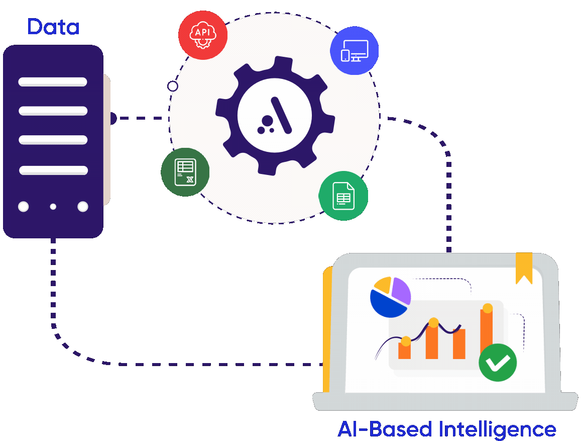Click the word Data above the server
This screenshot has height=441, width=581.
[53, 27]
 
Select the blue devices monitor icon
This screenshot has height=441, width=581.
[354, 51]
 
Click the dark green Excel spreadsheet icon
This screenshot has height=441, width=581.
[185, 172]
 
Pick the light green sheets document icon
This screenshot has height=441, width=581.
[343, 196]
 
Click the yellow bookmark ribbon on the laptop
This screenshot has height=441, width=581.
[524, 266]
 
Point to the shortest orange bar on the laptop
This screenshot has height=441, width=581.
[404, 350]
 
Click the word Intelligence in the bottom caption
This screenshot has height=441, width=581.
[497, 429]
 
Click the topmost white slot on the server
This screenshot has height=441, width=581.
[53, 81]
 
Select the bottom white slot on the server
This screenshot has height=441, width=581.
[53, 170]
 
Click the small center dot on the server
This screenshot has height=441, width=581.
[53, 207]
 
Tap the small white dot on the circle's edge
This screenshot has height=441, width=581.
[173, 86]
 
